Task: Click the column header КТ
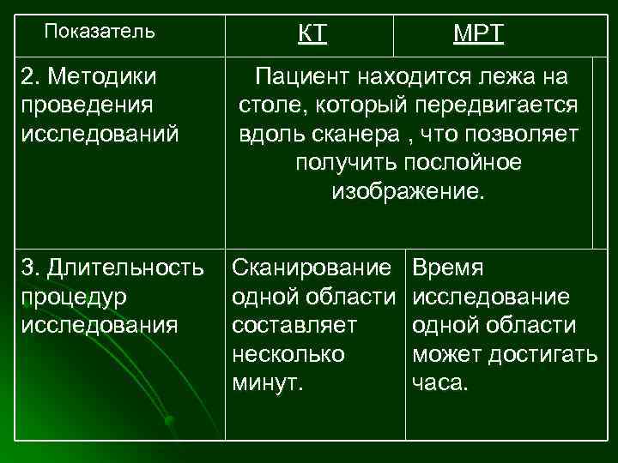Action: click(312, 34)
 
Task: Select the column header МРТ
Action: click(479, 34)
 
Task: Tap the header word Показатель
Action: click(100, 33)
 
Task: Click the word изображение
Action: click(408, 191)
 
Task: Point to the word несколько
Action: click(288, 354)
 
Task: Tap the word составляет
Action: click(294, 325)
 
